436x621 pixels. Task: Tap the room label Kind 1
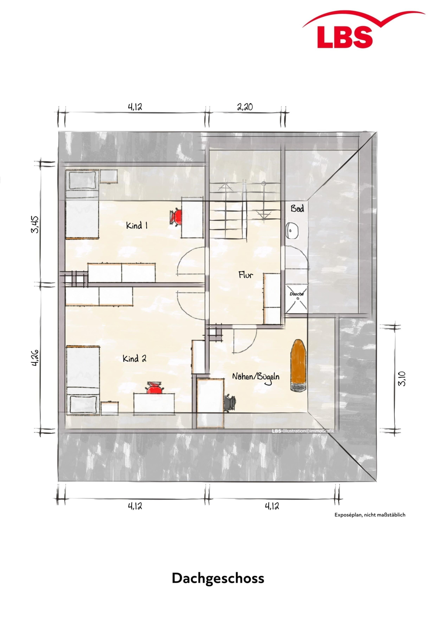click(x=137, y=225)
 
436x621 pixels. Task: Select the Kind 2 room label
click(x=135, y=359)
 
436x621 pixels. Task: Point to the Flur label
click(x=246, y=275)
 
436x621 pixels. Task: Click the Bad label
click(x=297, y=208)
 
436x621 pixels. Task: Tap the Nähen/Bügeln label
click(x=256, y=377)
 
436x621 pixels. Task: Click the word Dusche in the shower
click(x=297, y=294)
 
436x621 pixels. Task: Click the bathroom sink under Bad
click(x=292, y=231)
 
